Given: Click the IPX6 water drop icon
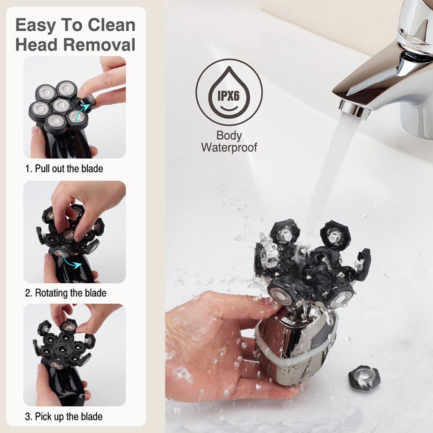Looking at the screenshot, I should click(229, 92).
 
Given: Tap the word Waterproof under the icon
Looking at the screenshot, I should click(229, 147).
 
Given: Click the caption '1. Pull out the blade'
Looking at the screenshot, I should click(64, 169).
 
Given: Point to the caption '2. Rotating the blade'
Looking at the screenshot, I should click(66, 293).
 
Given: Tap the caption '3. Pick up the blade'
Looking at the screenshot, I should click(64, 417).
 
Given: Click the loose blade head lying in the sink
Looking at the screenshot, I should click(364, 378).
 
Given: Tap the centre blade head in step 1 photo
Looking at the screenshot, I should click(61, 105).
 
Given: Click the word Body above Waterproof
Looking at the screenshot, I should click(229, 136).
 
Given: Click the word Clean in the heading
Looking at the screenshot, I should click(111, 25).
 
